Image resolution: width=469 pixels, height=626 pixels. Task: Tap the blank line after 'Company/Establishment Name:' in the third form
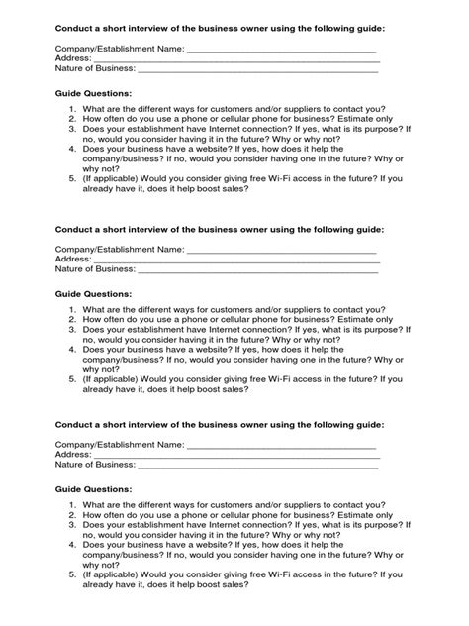pos(281,451)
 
